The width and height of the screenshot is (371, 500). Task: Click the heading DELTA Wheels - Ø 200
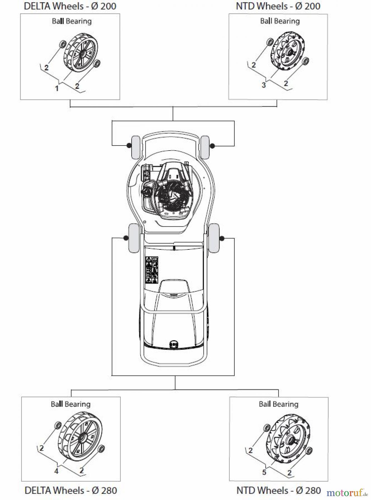click(x=70, y=6)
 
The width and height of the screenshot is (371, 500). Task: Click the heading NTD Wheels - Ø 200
click(x=278, y=6)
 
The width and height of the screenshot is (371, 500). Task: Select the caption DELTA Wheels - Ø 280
click(x=71, y=490)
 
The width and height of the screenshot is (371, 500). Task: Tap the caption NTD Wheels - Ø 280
click(x=278, y=490)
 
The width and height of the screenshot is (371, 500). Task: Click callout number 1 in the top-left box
click(x=57, y=88)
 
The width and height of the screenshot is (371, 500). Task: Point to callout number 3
click(x=264, y=85)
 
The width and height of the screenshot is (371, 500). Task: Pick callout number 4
click(x=56, y=471)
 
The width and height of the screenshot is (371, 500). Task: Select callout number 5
click(x=264, y=472)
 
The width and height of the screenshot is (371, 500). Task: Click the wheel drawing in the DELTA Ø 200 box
click(x=81, y=54)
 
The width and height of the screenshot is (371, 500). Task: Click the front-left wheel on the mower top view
click(x=135, y=147)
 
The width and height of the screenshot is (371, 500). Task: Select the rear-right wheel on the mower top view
click(x=214, y=238)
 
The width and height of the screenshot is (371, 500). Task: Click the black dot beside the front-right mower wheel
click(x=212, y=146)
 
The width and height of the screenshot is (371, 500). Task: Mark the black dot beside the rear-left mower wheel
click(x=126, y=238)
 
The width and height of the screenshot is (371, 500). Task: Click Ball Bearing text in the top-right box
click(x=280, y=21)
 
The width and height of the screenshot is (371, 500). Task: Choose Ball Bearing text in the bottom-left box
click(x=71, y=404)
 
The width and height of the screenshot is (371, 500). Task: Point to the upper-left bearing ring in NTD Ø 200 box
click(x=270, y=42)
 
